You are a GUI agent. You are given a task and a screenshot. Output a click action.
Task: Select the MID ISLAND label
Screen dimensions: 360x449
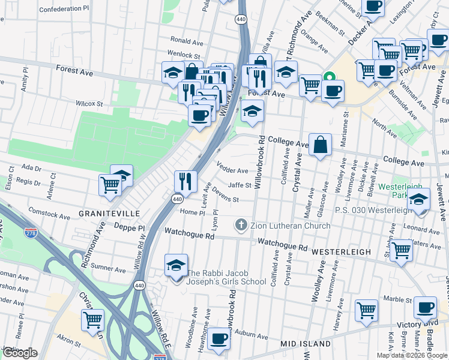tap(306, 344)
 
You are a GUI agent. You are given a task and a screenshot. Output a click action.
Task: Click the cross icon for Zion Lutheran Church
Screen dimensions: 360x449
tap(241, 226)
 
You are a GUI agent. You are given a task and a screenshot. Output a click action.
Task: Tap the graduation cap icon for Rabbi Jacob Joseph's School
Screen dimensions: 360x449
tap(175, 265)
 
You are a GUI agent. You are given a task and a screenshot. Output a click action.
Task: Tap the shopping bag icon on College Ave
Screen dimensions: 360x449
tap(321, 144)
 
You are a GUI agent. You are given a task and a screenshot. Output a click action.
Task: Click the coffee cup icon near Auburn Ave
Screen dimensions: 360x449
tap(219, 338)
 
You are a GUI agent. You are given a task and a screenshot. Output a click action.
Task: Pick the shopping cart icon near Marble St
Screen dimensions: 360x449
tap(366, 310)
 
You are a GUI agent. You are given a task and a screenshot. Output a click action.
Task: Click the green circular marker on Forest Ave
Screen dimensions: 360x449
tap(329, 77)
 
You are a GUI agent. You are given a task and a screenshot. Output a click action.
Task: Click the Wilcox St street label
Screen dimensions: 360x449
tap(91, 104)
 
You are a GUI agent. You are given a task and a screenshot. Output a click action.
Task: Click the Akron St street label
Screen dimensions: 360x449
tap(69, 344)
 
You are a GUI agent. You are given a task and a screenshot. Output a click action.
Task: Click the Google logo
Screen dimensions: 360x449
tap(19, 353)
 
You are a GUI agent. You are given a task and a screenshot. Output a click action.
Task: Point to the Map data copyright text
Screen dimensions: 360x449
tap(412, 355)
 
